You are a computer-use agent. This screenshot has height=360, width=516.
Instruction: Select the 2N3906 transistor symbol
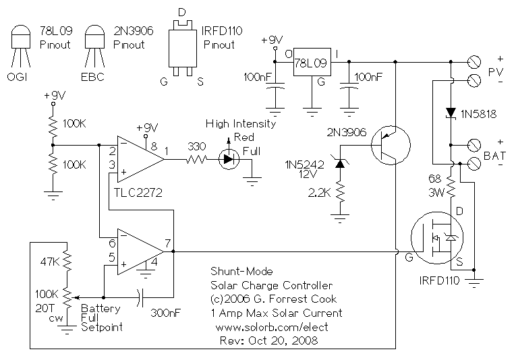click(x=391, y=144)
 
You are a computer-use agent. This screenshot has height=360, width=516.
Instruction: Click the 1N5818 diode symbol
click(x=450, y=113)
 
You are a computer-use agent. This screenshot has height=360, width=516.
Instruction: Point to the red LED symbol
click(x=229, y=160)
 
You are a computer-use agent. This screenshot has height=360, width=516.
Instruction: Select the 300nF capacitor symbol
click(x=141, y=296)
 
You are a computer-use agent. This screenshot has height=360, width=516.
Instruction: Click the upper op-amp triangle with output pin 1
click(x=138, y=160)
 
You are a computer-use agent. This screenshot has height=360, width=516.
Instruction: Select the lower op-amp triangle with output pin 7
click(x=138, y=251)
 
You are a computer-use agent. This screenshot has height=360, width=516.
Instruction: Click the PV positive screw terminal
click(x=474, y=63)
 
